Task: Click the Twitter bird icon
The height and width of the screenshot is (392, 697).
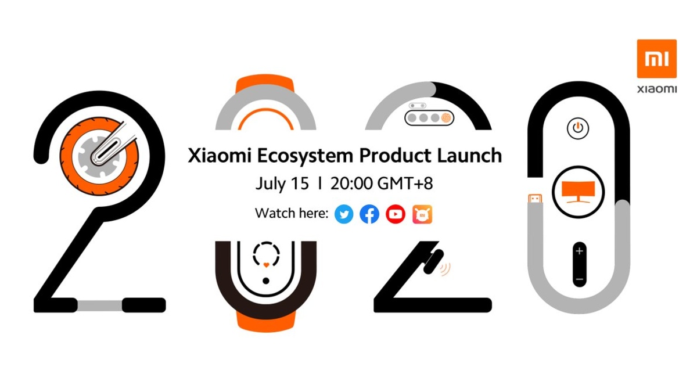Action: (x=344, y=214)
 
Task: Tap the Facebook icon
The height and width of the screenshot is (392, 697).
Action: (x=369, y=214)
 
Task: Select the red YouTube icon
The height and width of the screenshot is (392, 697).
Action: (x=396, y=214)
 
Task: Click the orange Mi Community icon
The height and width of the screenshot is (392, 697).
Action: (x=422, y=214)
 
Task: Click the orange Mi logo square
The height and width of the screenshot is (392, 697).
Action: (x=657, y=59)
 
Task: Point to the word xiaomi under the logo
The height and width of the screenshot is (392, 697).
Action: (x=657, y=89)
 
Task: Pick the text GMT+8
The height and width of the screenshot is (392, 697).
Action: (x=405, y=184)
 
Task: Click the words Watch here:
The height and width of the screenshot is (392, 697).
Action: (x=292, y=214)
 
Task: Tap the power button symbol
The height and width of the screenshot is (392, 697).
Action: (x=577, y=128)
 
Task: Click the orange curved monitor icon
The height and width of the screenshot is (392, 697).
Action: (x=578, y=190)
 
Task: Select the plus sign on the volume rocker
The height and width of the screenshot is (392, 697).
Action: (x=579, y=251)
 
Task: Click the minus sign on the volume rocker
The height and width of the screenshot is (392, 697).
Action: (x=579, y=279)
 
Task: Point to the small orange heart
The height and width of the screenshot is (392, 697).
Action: (x=265, y=264)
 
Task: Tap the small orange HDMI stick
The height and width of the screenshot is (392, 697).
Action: (x=533, y=200)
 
